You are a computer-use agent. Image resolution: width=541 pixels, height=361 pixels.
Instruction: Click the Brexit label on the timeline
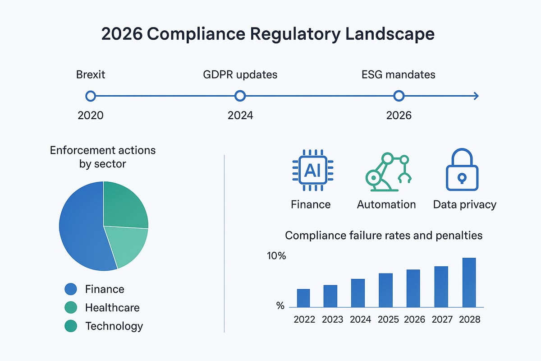[90, 74]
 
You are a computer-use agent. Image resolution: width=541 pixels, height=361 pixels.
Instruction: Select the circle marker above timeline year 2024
[240, 96]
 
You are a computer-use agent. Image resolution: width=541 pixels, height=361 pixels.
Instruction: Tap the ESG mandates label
[398, 74]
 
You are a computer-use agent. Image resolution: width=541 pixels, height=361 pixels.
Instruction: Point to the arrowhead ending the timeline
[476, 96]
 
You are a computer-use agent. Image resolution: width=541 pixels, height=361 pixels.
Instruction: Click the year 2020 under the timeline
[90, 116]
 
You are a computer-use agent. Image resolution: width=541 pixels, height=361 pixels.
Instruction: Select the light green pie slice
[128, 246]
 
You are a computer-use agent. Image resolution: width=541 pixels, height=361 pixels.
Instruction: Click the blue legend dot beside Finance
[71, 289]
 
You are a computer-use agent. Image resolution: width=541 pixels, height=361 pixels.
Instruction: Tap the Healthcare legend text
[112, 308]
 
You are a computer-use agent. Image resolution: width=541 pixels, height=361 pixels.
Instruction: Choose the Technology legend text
[114, 326]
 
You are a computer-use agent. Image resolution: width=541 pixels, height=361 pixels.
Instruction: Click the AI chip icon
[310, 170]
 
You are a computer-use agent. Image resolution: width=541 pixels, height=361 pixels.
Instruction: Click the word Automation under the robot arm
[386, 204]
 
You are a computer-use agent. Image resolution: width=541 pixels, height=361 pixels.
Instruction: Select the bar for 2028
[469, 282]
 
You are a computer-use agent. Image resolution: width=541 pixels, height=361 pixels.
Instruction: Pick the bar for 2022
[303, 298]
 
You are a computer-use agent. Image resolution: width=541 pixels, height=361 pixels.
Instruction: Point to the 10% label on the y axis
[276, 256]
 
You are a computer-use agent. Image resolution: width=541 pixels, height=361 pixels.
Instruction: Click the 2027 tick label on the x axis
[442, 319]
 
